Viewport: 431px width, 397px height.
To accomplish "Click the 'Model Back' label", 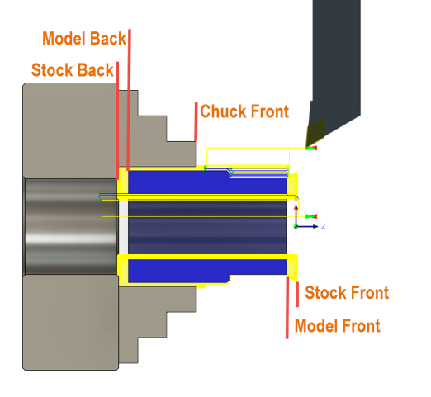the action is point(84,38).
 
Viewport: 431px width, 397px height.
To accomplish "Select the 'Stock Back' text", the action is point(73,70).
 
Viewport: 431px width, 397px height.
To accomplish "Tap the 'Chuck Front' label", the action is point(244,111).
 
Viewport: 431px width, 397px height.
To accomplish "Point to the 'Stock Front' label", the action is point(347,292).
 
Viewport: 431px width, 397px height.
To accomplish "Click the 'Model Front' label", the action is point(338,326).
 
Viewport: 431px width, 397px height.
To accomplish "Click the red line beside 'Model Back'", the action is point(129,100).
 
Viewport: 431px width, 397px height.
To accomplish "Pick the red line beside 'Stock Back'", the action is point(117,121).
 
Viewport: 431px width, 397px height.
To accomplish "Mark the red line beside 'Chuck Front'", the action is point(196,121).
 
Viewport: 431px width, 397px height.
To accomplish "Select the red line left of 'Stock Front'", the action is point(297,295).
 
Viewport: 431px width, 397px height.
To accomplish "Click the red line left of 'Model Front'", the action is point(287,308).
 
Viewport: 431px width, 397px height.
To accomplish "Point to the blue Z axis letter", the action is point(324,226).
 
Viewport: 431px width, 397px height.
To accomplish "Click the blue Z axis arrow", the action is point(307,226).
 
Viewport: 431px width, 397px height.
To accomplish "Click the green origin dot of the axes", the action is point(296,227).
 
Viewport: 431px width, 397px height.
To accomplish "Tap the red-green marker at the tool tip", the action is point(311,148).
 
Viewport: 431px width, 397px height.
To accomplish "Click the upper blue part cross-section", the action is point(207,182).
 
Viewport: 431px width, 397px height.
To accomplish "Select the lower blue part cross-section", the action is point(207,271).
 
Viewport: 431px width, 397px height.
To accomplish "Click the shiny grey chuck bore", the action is point(71,226).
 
